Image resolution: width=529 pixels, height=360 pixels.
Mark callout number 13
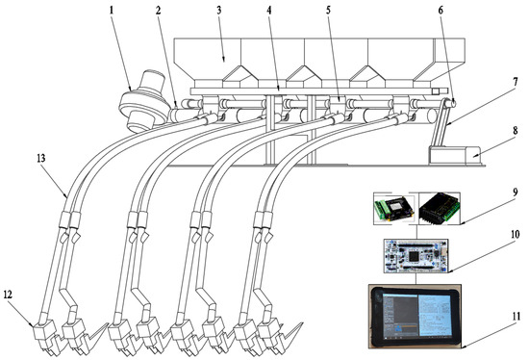(x=39, y=157)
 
